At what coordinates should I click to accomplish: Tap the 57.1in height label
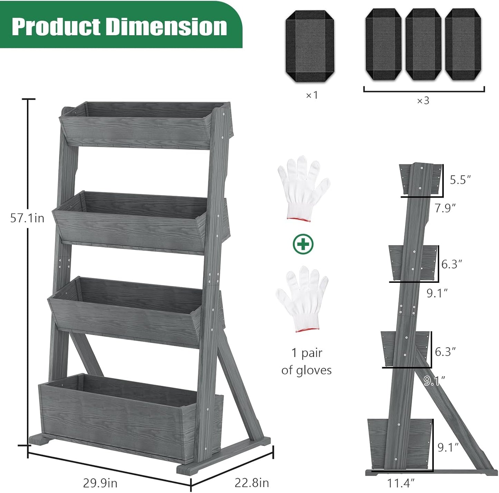(27, 218)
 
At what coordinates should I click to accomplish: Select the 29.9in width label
(100, 483)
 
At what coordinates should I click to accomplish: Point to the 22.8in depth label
(252, 482)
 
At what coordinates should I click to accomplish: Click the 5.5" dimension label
(460, 180)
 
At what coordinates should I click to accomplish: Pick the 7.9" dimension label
(445, 208)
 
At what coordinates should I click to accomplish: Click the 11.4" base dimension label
(401, 483)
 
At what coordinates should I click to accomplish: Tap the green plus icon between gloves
(303, 244)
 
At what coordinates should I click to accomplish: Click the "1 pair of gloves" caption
(306, 361)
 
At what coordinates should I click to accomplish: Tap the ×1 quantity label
(311, 95)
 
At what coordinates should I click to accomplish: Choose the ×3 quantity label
(423, 100)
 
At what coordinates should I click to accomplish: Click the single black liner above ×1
(310, 46)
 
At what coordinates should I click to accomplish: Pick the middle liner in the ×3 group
(423, 44)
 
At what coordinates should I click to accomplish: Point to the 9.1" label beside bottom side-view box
(448, 447)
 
